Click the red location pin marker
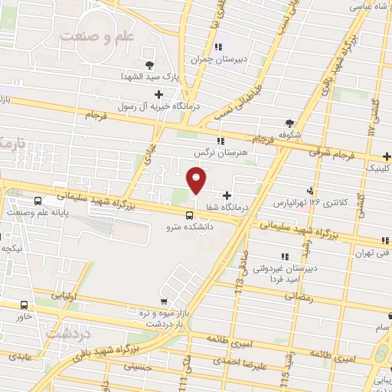(x=197, y=181)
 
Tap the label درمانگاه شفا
(x=252, y=207)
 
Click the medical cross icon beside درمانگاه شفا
(x=227, y=195)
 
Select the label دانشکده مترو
(x=189, y=227)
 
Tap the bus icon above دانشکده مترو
(x=189, y=214)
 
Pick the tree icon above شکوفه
(x=289, y=122)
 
